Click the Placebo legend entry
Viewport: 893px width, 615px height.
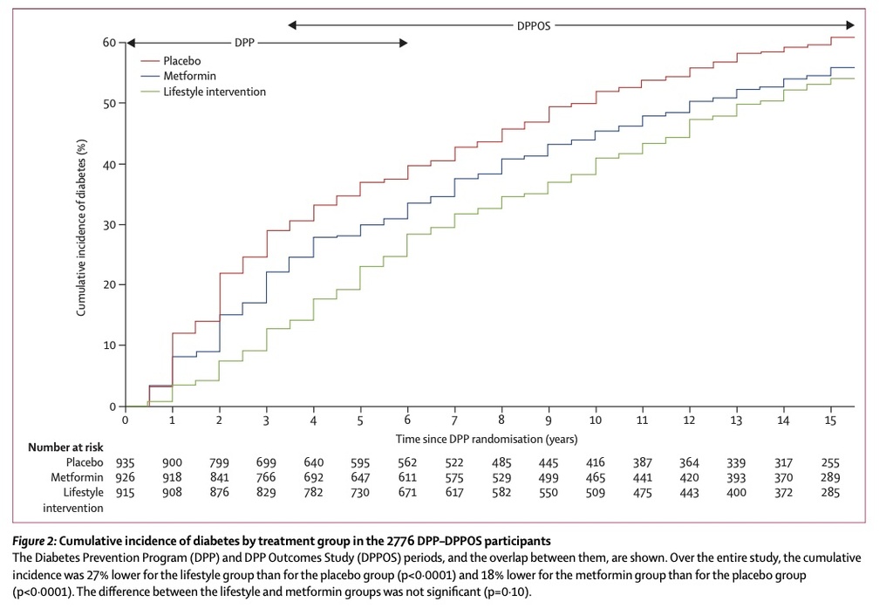pos(171,60)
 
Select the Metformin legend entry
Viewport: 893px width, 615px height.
pos(178,76)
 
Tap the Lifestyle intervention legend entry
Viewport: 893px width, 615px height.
pos(203,92)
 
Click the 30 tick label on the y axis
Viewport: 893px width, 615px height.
pos(109,225)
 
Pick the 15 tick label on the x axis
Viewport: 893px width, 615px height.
pos(830,420)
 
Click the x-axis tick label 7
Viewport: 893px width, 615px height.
pos(454,420)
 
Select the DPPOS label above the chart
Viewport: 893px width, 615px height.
pos(534,25)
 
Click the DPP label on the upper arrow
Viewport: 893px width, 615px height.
pos(244,43)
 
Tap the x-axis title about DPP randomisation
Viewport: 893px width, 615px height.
pos(487,439)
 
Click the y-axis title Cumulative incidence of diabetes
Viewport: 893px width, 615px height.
pos(81,228)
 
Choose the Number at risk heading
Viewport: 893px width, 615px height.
pos(65,447)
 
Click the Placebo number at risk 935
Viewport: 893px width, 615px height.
pos(126,462)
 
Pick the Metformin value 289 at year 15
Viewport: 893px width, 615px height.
pos(830,477)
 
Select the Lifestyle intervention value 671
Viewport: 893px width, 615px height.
pos(407,492)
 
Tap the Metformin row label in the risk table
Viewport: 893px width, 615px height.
pos(77,477)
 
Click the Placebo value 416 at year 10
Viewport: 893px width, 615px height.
pos(595,462)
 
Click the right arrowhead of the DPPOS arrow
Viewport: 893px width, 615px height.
pos(849,25)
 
